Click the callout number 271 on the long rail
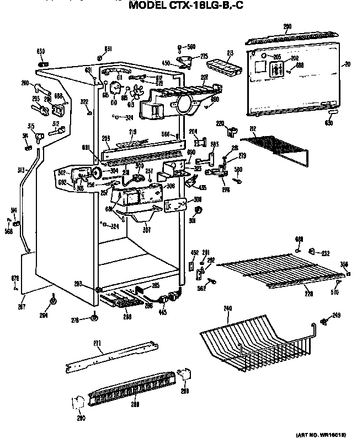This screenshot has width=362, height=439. click(97, 344)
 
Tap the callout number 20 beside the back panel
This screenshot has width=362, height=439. click(347, 64)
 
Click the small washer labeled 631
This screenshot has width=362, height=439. click(99, 57)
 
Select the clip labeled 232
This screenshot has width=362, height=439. click(312, 252)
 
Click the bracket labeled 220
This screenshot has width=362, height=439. click(232, 131)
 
